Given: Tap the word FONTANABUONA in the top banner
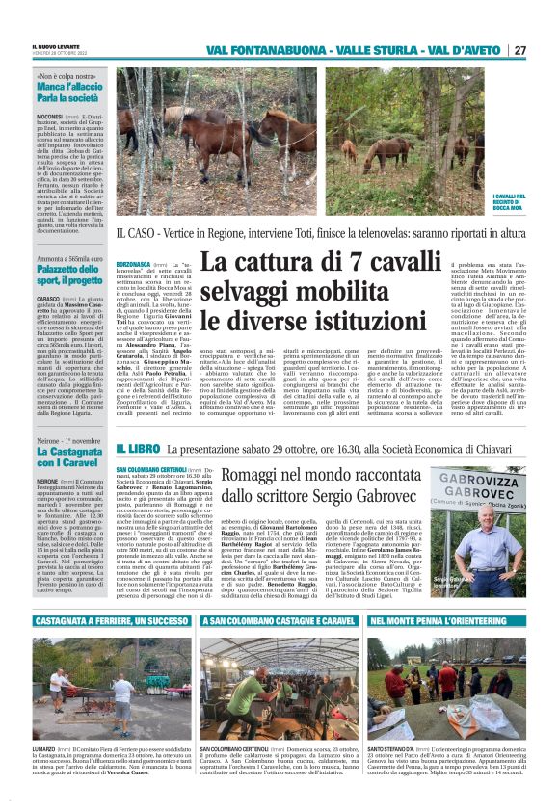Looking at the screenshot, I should [x=277, y=50].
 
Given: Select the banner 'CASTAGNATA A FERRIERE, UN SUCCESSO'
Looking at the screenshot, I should [x=112, y=622].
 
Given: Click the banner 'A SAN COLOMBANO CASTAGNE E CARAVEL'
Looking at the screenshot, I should [x=279, y=622].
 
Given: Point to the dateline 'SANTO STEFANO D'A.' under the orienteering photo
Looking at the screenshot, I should [x=389, y=748].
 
